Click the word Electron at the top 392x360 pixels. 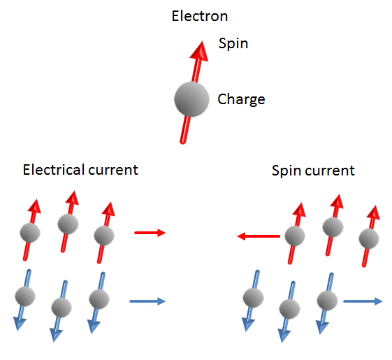coord(200,15)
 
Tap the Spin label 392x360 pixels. coord(233,43)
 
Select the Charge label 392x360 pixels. coord(241,99)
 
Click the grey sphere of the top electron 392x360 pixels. coord(191,100)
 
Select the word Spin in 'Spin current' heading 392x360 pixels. coord(285,170)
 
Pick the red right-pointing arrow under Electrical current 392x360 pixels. coord(150,232)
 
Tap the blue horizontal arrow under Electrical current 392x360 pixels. coord(147,301)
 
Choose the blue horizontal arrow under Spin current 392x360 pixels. coord(363,301)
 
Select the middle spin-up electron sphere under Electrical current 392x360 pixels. coord(68,224)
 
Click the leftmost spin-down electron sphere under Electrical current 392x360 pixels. coord(24,295)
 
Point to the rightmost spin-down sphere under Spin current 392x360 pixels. coord(326,300)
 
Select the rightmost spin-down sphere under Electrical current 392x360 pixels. coord(99,298)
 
